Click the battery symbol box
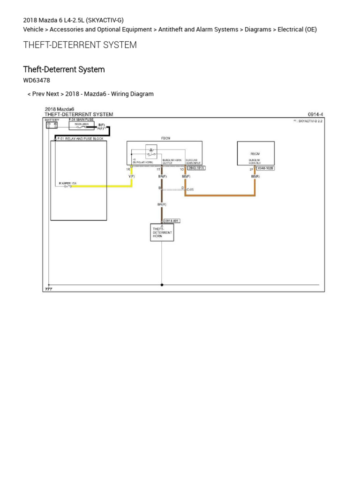coord(52,125)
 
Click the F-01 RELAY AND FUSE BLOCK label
coord(80,139)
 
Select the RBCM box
coord(255,153)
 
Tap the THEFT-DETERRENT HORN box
coord(162,232)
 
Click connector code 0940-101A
coord(196,168)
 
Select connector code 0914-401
coord(171,221)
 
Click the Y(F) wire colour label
coord(131,176)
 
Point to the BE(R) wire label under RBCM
coord(255,176)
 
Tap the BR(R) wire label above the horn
coord(162,204)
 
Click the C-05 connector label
coord(190,189)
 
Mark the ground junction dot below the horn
coord(162,285)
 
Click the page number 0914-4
coord(315,114)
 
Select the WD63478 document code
coord(37,80)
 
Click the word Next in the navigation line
coord(52,94)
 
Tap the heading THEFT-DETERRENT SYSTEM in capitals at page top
coord(80,45)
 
